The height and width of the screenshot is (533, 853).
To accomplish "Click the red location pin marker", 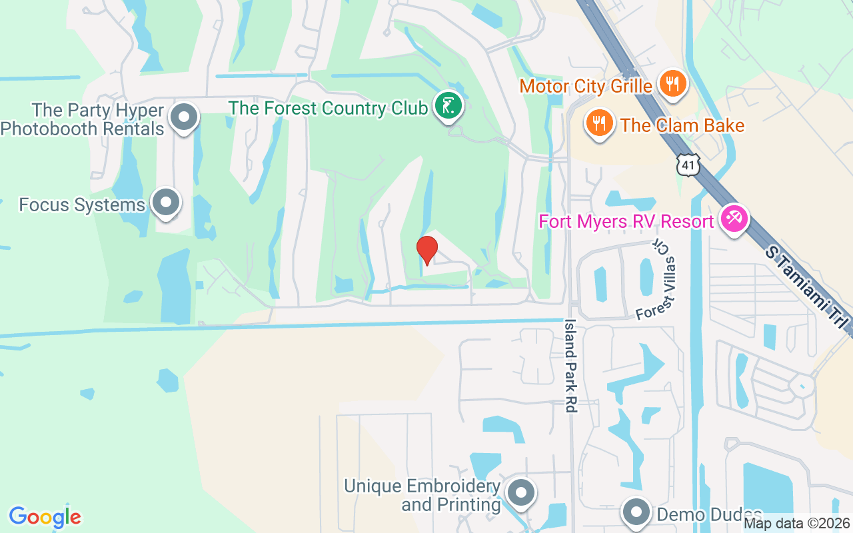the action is coord(426,250).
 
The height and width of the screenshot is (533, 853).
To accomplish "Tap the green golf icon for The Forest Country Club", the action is coord(449,106).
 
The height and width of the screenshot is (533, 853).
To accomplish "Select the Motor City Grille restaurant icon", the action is coord(674,84).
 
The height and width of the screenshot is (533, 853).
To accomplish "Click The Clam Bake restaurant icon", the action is coord(600,123).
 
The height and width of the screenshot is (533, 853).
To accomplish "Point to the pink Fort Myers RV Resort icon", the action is coord(734,220).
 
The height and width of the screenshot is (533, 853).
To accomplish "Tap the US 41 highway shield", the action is coord(688,164).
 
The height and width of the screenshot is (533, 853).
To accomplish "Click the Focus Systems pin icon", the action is coord(165,203).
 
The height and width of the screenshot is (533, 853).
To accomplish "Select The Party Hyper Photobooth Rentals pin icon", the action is coord(183,117).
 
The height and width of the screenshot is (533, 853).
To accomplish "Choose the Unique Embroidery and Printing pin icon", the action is coord(520,494).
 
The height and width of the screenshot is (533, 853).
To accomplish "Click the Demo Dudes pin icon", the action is coord(636,512).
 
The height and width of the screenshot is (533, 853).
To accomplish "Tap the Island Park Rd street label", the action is coord(570,365).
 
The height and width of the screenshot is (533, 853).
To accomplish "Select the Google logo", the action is coord(45,517).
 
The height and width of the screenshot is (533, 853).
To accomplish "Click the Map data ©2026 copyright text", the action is coord(796,524).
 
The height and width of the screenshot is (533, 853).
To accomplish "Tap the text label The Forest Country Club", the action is coord(328,108).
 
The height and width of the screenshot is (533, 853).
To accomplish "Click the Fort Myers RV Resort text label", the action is coord(626,221).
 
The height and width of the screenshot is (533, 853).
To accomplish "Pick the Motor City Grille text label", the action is coord(586,86).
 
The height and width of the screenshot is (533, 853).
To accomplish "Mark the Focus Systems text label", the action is coord(82,205).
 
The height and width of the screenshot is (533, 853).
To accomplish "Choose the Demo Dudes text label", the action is coord(709,515).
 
